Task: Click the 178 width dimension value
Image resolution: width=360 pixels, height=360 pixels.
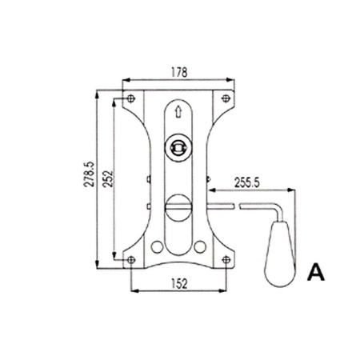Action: pyautogui.click(x=179, y=72)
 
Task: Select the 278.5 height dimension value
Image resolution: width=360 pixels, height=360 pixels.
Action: pyautogui.click(x=90, y=174)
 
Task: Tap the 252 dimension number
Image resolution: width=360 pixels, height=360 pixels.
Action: pyautogui.click(x=108, y=178)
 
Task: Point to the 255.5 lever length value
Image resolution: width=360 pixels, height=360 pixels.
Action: pyautogui.click(x=246, y=183)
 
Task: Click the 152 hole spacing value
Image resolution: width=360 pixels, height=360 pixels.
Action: pyautogui.click(x=179, y=284)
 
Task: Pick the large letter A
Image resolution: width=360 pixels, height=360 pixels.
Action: pyautogui.click(x=316, y=272)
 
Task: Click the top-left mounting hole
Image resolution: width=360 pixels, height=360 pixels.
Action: pyautogui.click(x=130, y=98)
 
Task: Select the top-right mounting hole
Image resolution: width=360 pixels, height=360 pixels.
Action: pyautogui.click(x=226, y=98)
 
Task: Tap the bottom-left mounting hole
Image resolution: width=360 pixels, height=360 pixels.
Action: pyautogui.click(x=131, y=260)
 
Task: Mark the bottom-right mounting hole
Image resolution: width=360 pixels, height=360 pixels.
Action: pyautogui.click(x=226, y=259)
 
